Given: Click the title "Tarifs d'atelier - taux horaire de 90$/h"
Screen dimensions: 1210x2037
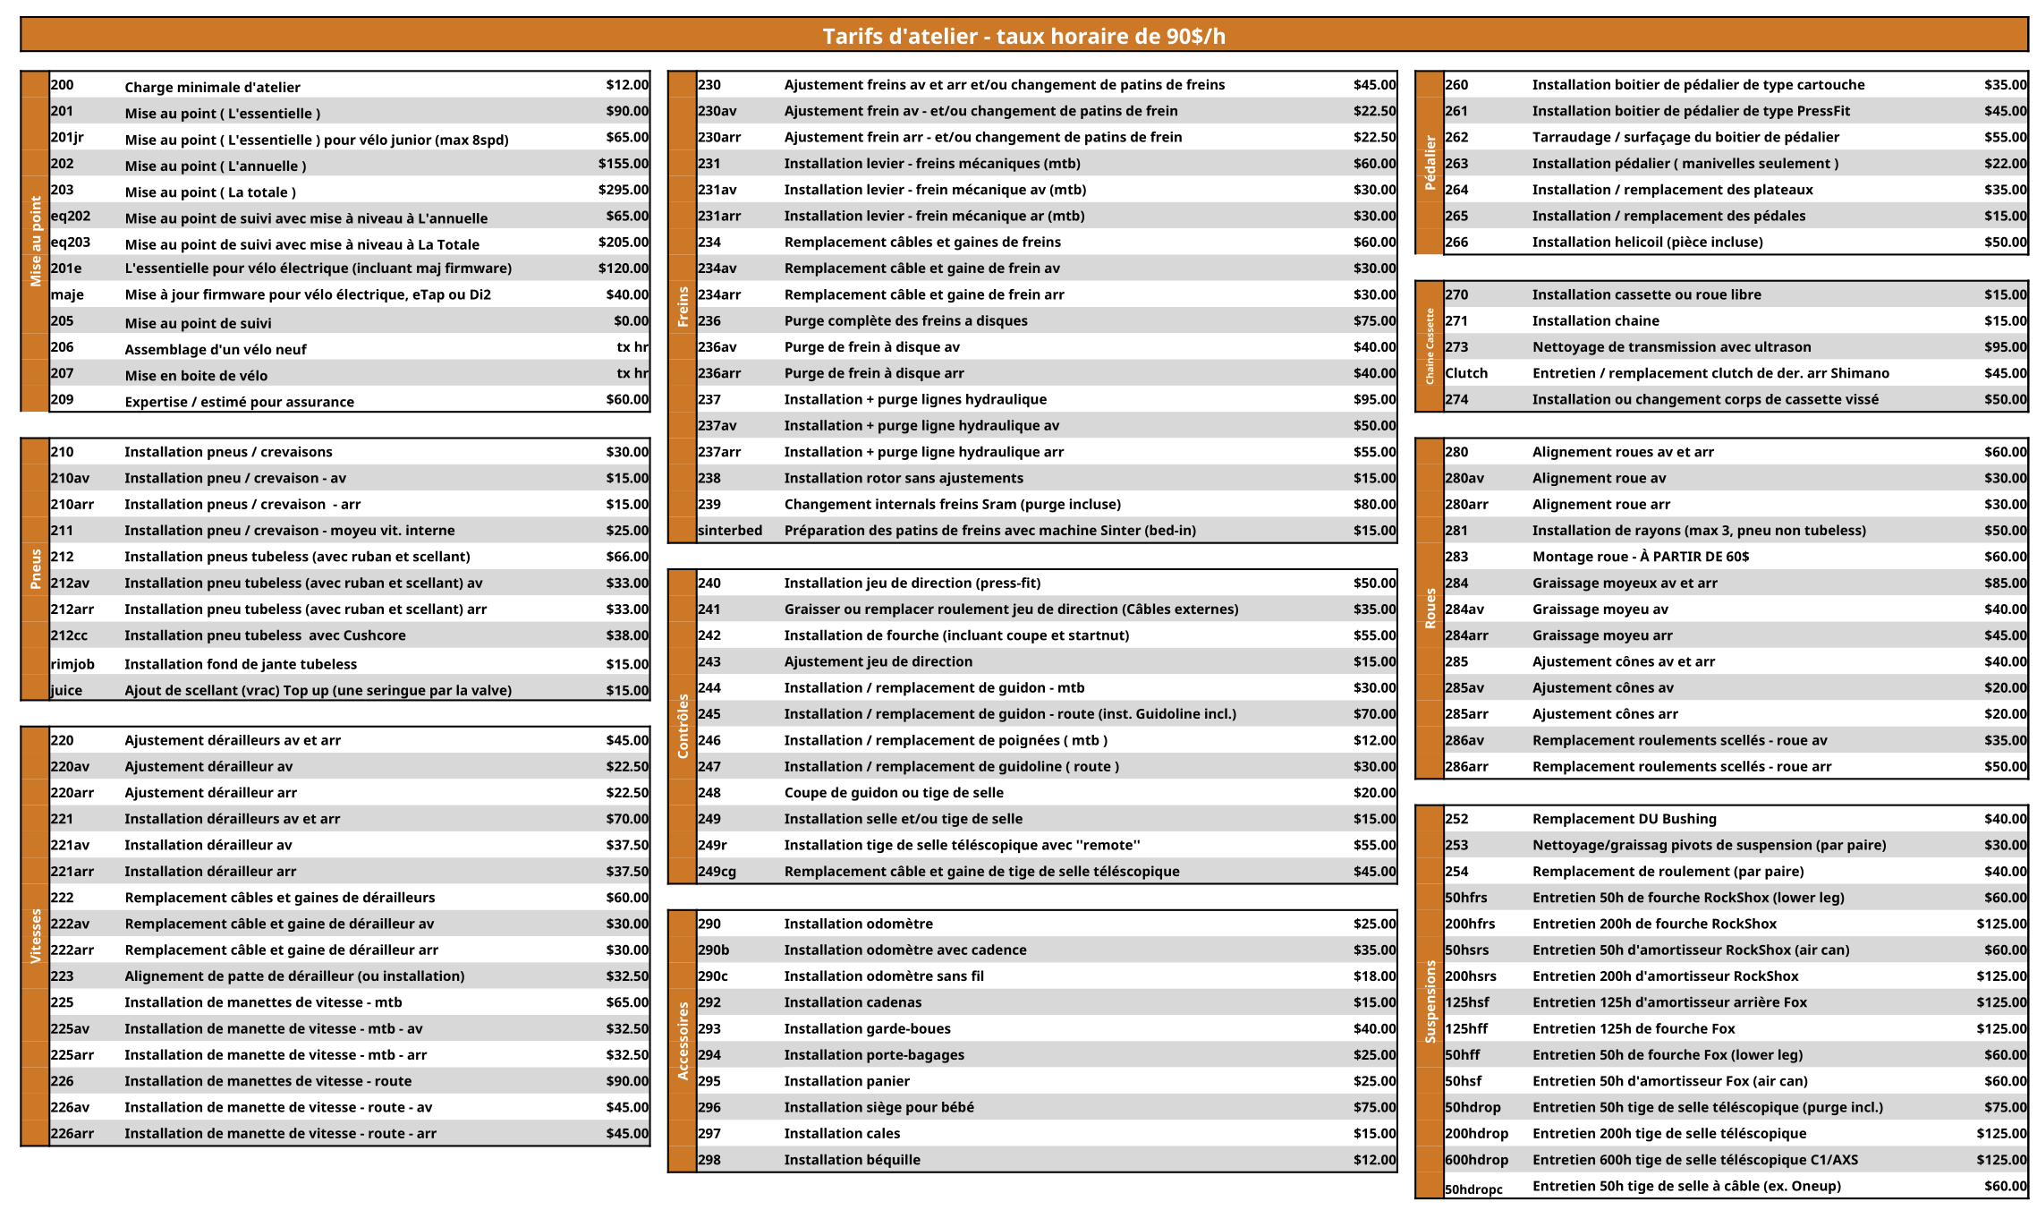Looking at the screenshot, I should tap(1023, 37).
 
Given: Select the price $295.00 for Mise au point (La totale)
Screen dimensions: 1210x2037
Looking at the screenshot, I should tap(624, 190).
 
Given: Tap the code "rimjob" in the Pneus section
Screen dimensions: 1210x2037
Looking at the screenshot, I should tap(72, 664).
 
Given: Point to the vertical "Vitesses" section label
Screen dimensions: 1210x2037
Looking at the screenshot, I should tap(36, 935).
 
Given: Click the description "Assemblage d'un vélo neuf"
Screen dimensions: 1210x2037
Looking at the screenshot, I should tap(216, 349).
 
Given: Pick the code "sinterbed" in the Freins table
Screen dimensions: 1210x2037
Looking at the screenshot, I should tap(730, 531).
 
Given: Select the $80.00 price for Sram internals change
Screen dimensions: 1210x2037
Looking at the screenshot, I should tap(1374, 505).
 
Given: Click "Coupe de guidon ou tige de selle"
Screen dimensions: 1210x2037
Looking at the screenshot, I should tap(894, 793).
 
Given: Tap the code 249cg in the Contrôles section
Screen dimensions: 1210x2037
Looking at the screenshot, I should tap(717, 872).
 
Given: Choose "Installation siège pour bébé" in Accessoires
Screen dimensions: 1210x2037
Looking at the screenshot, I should tap(878, 1107).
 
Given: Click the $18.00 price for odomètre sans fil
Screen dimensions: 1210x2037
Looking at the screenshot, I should tap(1374, 976).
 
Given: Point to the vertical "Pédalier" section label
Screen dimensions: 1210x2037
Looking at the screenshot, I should tap(1430, 163).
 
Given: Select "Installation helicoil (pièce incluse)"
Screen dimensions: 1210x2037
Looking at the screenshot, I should tap(1647, 243).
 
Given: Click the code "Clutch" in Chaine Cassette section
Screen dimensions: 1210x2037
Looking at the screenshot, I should tap(1466, 373).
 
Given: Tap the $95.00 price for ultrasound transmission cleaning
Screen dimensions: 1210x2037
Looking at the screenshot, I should tap(2005, 347).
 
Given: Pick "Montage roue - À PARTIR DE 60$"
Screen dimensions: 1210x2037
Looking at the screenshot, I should tap(1640, 557).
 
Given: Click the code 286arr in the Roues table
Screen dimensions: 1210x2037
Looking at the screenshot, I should tap(1466, 767).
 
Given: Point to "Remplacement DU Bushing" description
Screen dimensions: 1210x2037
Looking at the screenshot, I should tap(1624, 819).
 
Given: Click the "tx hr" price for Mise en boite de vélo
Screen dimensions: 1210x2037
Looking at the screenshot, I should tap(632, 373).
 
